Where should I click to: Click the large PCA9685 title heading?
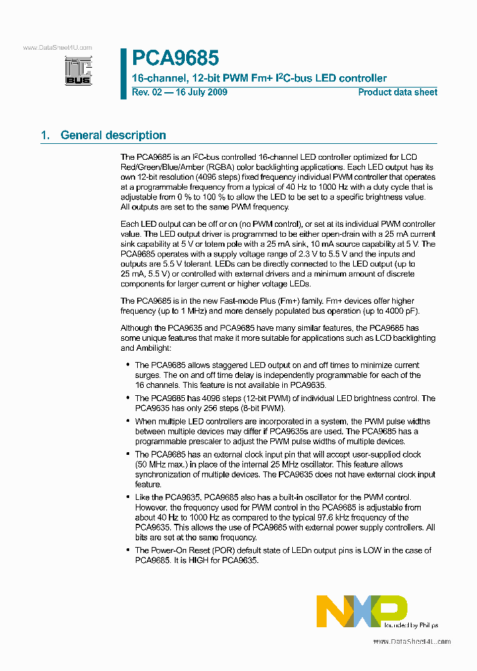pos(175,58)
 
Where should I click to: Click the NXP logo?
pos(361,611)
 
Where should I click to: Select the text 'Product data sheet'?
pos(397,92)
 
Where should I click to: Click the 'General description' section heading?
pos(113,135)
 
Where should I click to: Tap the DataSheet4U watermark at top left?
pos(57,48)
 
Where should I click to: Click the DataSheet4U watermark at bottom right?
pos(411,642)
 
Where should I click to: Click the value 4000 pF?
pos(397,312)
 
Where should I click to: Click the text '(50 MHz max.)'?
pos(162,465)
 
